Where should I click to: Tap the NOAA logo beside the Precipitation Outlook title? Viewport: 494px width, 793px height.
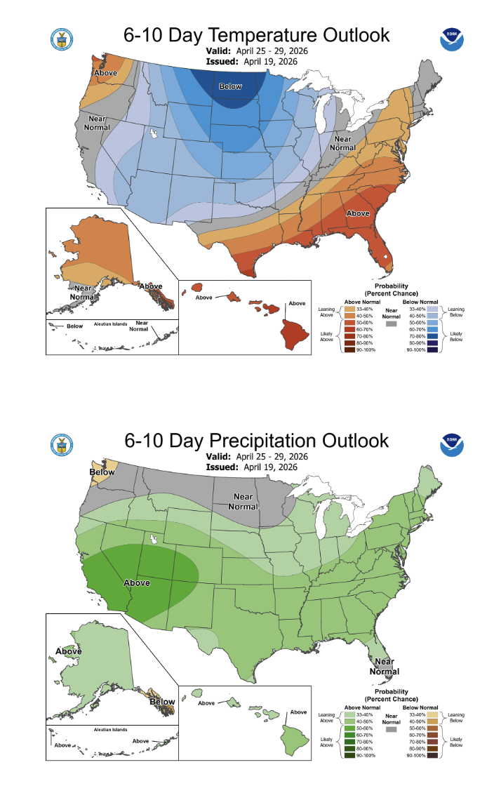453,445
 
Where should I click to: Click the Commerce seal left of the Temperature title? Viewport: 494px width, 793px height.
62,39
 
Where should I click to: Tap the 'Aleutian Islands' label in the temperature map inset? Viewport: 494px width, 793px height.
113,325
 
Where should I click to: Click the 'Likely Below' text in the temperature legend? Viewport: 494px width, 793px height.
457,335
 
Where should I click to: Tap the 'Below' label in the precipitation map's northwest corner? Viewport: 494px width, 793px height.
102,472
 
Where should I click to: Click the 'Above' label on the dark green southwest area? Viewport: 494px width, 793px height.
137,582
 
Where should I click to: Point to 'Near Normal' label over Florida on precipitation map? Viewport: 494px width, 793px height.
384,665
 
